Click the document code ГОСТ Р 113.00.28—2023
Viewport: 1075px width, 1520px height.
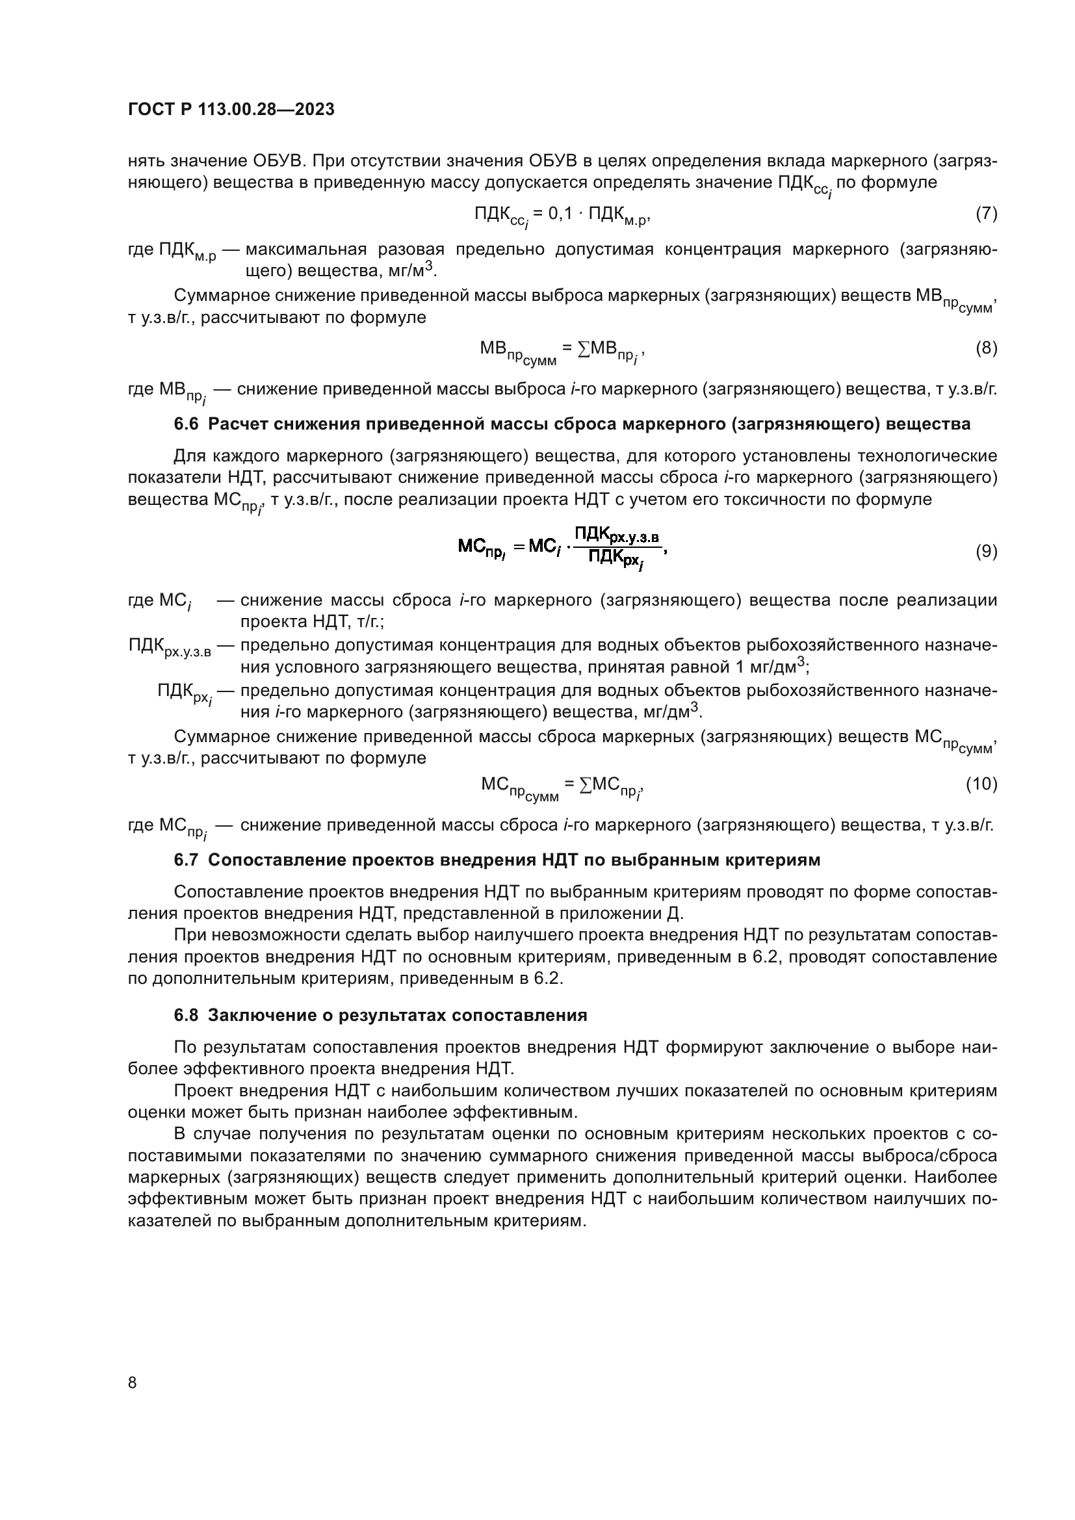click(x=231, y=110)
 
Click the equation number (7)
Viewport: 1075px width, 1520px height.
click(x=987, y=214)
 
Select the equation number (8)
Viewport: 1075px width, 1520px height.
click(x=987, y=348)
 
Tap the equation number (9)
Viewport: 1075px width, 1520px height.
click(x=987, y=552)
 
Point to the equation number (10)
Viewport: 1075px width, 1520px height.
click(x=981, y=784)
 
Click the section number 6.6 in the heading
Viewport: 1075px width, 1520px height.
click(x=186, y=424)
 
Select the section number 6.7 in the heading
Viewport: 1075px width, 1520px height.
click(x=186, y=860)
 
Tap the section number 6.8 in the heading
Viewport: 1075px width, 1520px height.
click(x=186, y=1016)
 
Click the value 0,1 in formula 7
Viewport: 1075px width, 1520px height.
click(x=560, y=214)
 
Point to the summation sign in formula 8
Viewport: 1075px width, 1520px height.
click(x=583, y=349)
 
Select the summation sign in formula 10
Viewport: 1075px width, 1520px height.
click(x=585, y=785)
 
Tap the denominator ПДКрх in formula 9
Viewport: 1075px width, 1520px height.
click(x=614, y=560)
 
